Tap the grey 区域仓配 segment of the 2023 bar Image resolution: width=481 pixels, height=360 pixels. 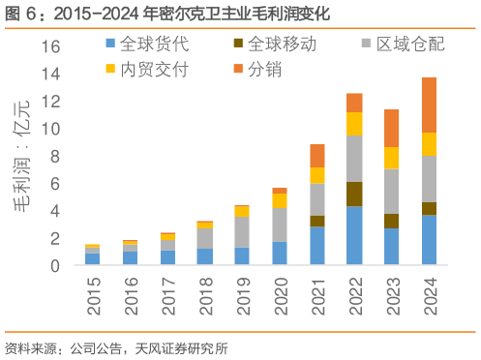392,191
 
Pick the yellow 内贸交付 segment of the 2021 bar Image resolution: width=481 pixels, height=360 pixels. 316,175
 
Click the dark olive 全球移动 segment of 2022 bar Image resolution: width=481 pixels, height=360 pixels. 354,194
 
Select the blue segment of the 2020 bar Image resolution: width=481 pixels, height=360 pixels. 279,253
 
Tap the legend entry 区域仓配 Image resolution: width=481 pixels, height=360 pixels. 397,45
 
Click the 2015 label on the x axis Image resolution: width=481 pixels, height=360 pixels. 93,295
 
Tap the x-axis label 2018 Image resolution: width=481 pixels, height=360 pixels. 205,295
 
